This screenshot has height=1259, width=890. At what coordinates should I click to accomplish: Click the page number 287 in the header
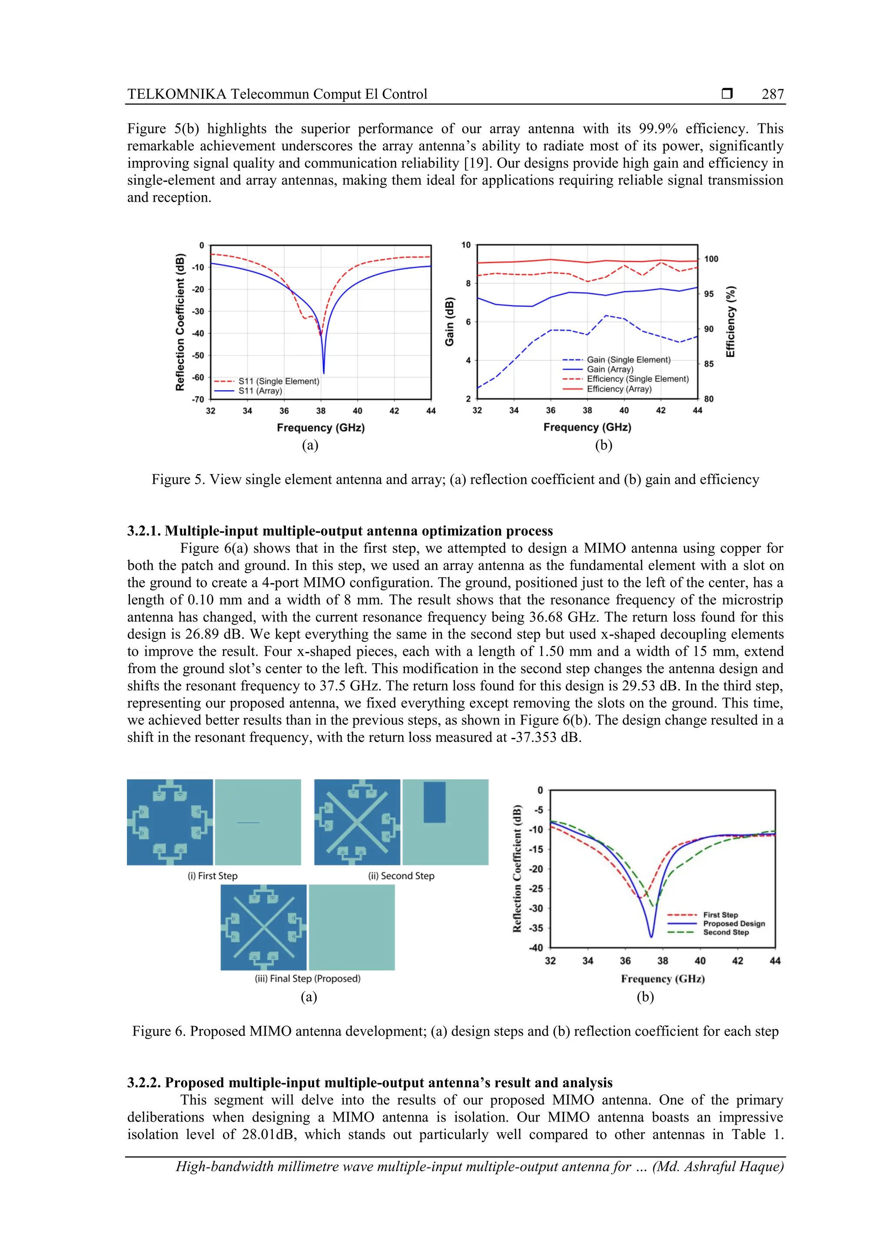[x=772, y=94]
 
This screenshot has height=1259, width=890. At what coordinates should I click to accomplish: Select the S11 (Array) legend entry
[x=260, y=391]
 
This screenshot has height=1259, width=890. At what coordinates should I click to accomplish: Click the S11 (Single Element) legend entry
[x=278, y=381]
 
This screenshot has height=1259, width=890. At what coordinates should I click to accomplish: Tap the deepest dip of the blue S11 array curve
[x=323, y=373]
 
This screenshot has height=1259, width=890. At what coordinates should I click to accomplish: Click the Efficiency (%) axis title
[x=731, y=322]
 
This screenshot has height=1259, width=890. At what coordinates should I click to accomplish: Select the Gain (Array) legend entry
[x=610, y=369]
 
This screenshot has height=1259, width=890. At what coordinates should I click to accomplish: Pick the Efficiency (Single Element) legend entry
[x=637, y=379]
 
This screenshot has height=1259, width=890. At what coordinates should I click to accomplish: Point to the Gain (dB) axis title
[x=450, y=322]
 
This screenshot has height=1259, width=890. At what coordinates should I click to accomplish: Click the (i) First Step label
[x=213, y=876]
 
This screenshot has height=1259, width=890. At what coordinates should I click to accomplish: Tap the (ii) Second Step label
[x=401, y=876]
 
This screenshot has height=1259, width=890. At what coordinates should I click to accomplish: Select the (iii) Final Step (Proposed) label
[x=308, y=978]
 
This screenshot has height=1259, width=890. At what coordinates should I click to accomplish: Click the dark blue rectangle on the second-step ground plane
[x=434, y=802]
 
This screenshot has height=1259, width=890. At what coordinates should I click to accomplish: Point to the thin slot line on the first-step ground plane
[x=248, y=823]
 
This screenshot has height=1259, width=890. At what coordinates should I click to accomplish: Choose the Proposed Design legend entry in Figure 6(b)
[x=733, y=923]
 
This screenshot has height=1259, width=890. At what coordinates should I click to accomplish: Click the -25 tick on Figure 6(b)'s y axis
[x=536, y=888]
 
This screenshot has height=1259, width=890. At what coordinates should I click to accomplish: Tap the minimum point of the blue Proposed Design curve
[x=651, y=937]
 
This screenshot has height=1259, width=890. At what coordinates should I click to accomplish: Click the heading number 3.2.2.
[x=144, y=1083]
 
